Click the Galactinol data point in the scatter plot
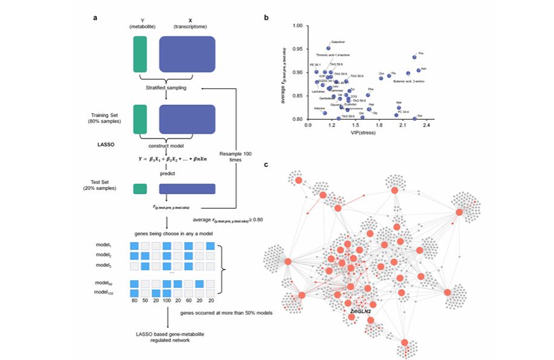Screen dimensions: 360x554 (x=328, y=48)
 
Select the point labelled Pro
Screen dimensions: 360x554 (x=414, y=57)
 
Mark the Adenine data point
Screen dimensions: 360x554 (x=325, y=113)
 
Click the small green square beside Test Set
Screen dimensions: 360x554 (x=140, y=189)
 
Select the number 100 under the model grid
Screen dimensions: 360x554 (x=166, y=299)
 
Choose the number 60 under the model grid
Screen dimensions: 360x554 (x=188, y=299)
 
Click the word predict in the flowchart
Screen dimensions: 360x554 (x=168, y=173)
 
